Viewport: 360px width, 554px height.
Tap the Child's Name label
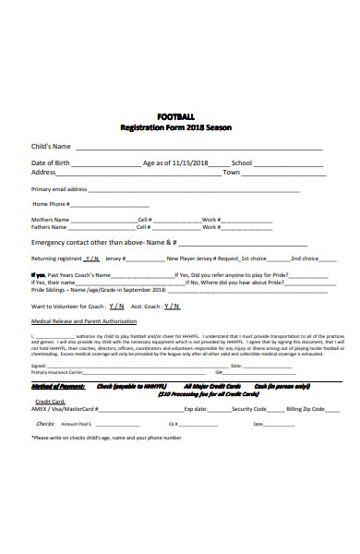(x=51, y=147)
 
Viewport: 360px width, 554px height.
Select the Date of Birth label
(x=51, y=163)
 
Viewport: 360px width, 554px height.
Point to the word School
(x=242, y=163)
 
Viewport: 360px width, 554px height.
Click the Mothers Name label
(x=50, y=219)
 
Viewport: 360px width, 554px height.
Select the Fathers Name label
(x=50, y=227)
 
